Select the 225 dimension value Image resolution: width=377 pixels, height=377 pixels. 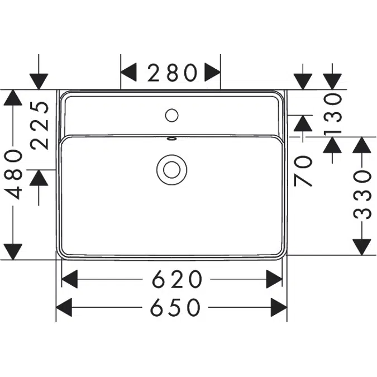point(40,125)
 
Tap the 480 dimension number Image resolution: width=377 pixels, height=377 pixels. point(14,174)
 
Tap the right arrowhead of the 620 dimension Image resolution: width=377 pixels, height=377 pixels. point(274,278)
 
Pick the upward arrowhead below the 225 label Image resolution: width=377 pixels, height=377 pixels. point(40,179)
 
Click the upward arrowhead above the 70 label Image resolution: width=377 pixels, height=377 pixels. point(303,123)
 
